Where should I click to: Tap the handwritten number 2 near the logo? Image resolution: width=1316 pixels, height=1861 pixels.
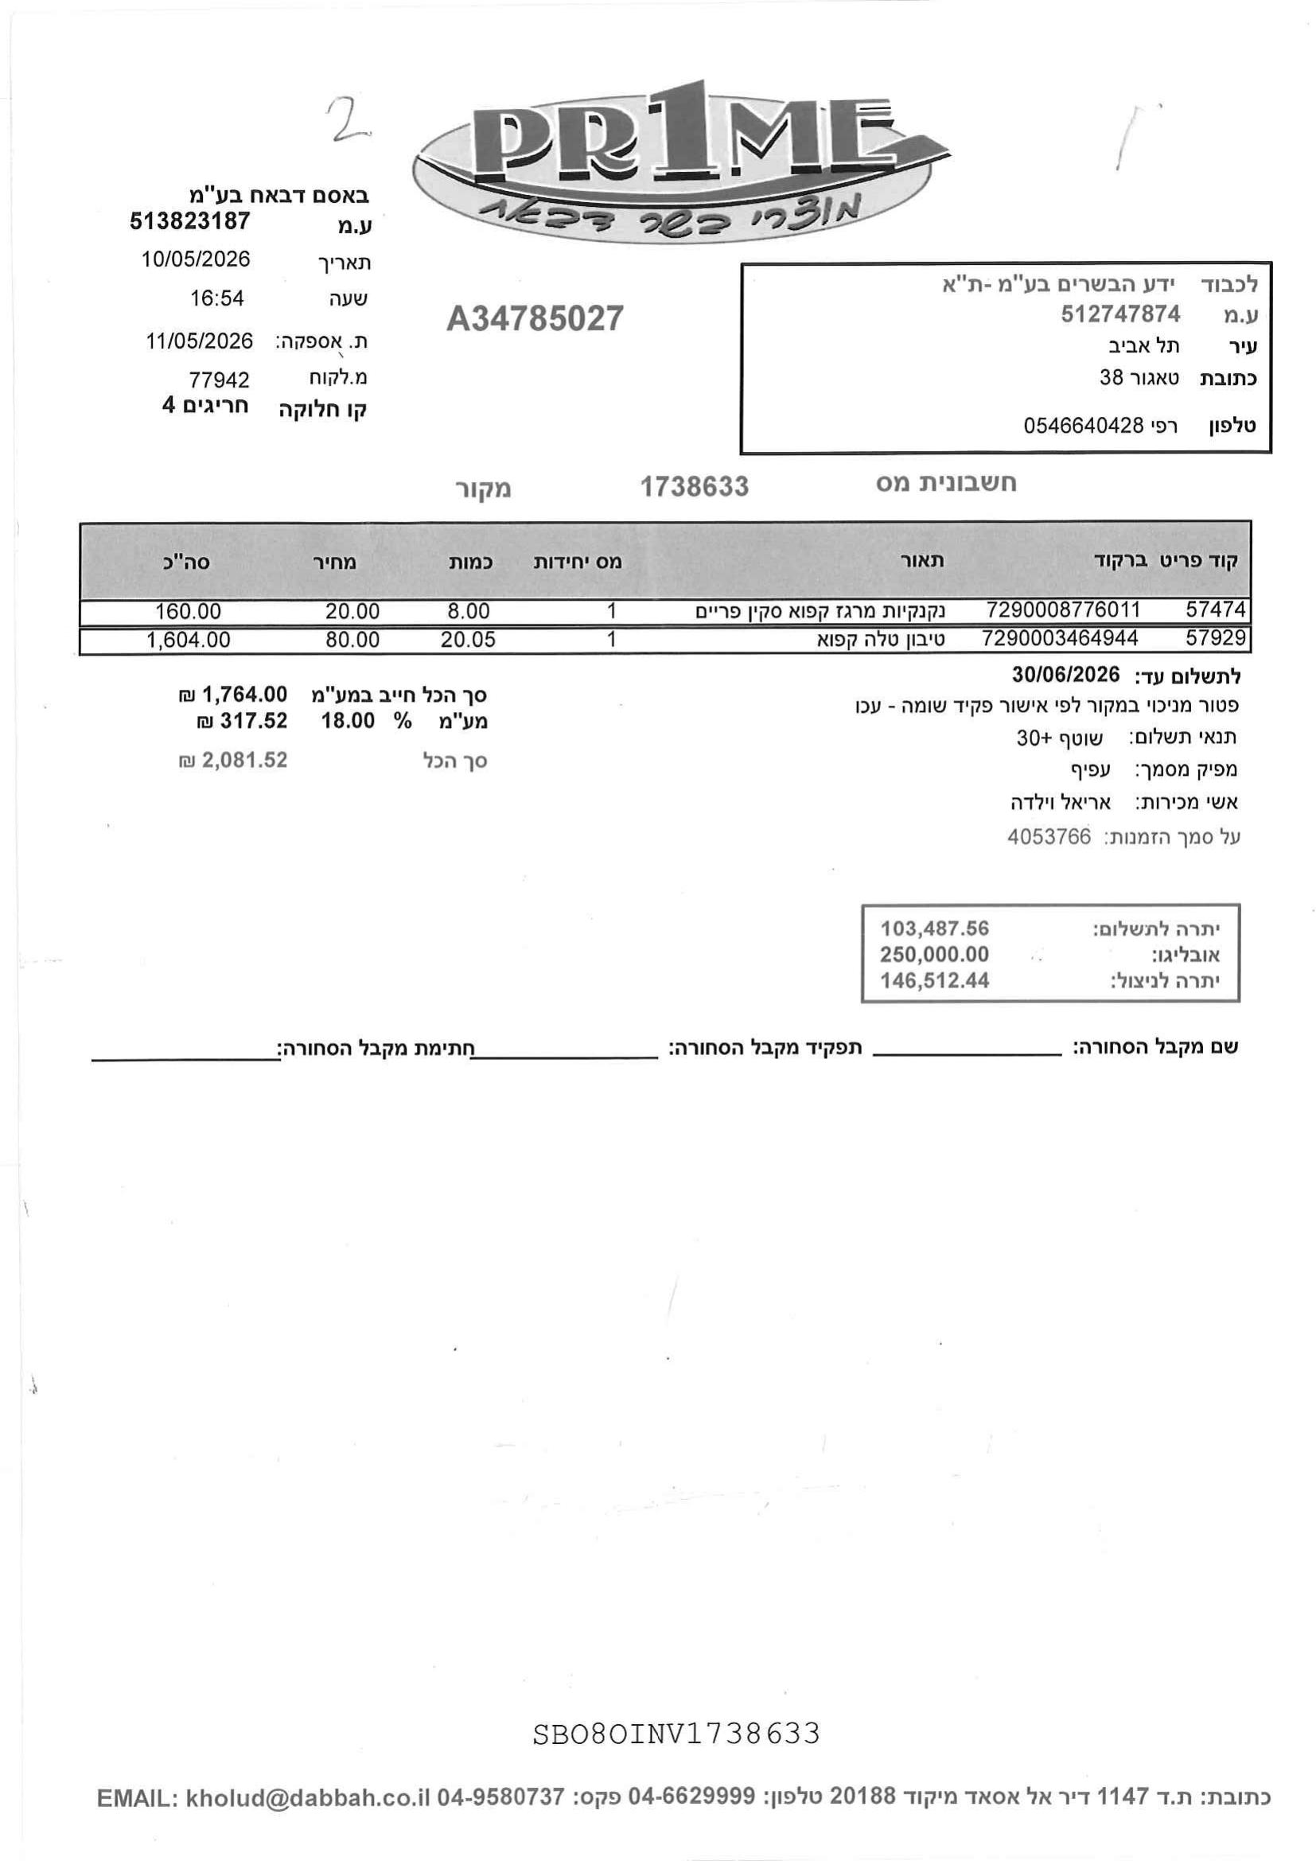[347, 119]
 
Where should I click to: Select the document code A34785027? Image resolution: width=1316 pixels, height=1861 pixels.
[535, 318]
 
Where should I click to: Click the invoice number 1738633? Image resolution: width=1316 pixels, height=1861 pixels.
[695, 486]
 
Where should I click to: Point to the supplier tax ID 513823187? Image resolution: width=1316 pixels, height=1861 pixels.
[189, 221]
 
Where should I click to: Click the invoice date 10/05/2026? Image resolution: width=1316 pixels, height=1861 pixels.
[196, 259]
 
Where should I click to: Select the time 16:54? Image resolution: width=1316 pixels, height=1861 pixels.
[216, 298]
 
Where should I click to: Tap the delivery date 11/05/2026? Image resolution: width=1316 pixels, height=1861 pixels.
[200, 341]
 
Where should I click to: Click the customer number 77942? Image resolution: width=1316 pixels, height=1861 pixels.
[219, 380]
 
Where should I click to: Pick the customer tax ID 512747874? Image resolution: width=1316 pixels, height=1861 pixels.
[1121, 313]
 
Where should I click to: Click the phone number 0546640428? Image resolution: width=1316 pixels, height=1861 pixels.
[1084, 425]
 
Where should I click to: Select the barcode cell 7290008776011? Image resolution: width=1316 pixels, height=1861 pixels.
[1063, 609]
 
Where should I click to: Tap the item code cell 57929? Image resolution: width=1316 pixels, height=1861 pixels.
[1216, 638]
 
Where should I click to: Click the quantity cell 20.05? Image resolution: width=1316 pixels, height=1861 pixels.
[469, 640]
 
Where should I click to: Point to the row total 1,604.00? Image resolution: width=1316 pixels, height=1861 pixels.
[189, 640]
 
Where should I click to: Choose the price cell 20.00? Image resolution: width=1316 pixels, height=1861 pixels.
[352, 611]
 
